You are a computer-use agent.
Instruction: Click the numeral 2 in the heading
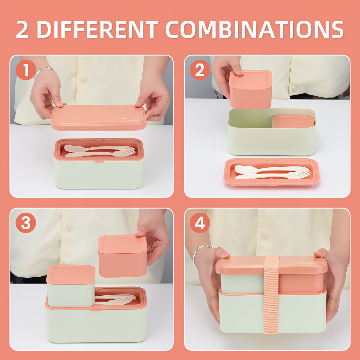click(x=22, y=30)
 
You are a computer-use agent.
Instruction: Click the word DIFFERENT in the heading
click(x=97, y=30)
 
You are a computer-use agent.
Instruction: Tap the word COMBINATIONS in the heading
click(x=254, y=30)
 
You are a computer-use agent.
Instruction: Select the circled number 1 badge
click(x=26, y=70)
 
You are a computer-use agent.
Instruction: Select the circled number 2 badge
click(x=200, y=70)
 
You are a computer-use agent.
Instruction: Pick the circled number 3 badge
click(x=26, y=223)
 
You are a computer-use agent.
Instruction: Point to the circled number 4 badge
click(x=200, y=223)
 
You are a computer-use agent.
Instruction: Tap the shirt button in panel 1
click(x=84, y=79)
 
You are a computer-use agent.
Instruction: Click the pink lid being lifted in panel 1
click(x=99, y=118)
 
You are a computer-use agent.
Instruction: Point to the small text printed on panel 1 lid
click(x=128, y=119)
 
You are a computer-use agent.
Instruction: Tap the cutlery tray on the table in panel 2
click(x=271, y=173)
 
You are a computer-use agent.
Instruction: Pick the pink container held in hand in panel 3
click(x=122, y=256)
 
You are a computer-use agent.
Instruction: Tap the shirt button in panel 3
click(x=69, y=227)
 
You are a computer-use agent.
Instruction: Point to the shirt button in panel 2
click(x=294, y=89)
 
